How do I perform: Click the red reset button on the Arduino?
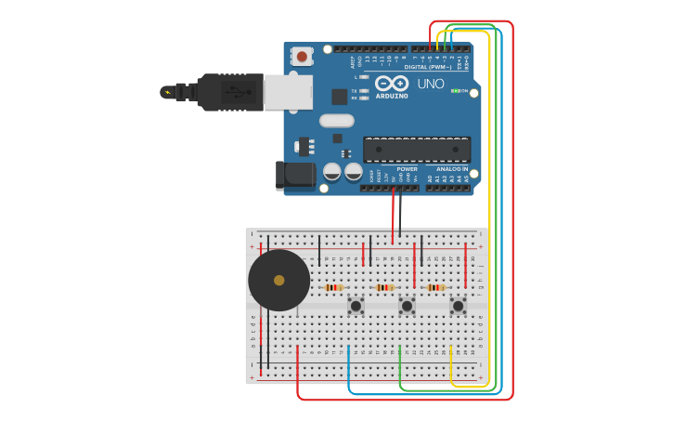302,56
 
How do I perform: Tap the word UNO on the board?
431,84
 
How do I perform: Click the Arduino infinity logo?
392,84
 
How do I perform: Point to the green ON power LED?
456,91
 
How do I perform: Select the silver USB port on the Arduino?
288,92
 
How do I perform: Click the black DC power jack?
294,175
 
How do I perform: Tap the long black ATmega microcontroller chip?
416,149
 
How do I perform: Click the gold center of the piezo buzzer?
278,280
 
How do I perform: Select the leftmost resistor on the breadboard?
334,287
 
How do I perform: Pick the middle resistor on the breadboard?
385,287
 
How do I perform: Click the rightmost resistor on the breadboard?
435,287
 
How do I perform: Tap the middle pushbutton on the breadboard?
407,305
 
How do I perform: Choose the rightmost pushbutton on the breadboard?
458,305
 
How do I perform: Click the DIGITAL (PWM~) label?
428,67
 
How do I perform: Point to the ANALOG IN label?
452,169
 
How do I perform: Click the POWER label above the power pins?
407,169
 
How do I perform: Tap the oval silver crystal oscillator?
337,120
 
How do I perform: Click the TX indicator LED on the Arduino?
364,90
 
